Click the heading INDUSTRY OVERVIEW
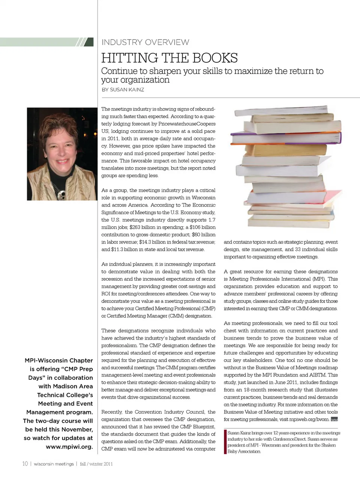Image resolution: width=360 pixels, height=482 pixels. pos(145,42)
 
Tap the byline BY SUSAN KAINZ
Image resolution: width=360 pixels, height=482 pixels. pos(123,90)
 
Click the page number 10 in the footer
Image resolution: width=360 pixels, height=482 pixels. pos(25,464)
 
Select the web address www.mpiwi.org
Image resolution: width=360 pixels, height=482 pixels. pos(69,447)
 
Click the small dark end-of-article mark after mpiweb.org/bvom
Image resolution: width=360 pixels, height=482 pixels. pos(334,420)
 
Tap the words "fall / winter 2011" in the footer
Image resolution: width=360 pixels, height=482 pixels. pos(96,464)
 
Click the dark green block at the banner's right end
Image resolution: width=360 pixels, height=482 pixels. pos(89,42)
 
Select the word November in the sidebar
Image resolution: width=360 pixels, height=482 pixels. pos(74,429)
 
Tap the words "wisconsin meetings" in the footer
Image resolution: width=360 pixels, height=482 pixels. pos(54,464)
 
